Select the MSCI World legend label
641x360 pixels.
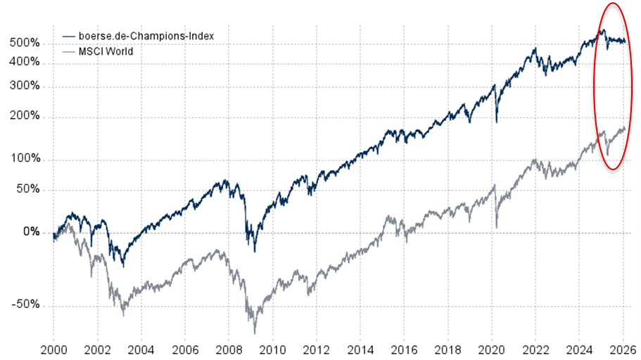click(105, 51)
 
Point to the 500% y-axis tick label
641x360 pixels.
click(25, 44)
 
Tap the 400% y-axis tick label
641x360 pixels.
click(25, 63)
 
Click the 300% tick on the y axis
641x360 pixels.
click(25, 87)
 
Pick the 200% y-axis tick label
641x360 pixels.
click(25, 117)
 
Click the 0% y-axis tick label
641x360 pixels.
click(30, 232)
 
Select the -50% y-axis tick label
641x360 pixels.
click(25, 305)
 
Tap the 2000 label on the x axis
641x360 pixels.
click(53, 348)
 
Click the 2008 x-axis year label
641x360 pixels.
click(228, 348)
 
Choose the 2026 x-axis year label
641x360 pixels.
click(623, 348)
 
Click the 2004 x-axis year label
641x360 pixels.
click(141, 348)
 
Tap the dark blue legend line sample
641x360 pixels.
click(68, 35)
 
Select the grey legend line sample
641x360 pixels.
click(68, 51)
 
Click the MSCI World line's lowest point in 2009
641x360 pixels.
click(255, 333)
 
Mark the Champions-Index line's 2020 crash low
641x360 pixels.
click(497, 122)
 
